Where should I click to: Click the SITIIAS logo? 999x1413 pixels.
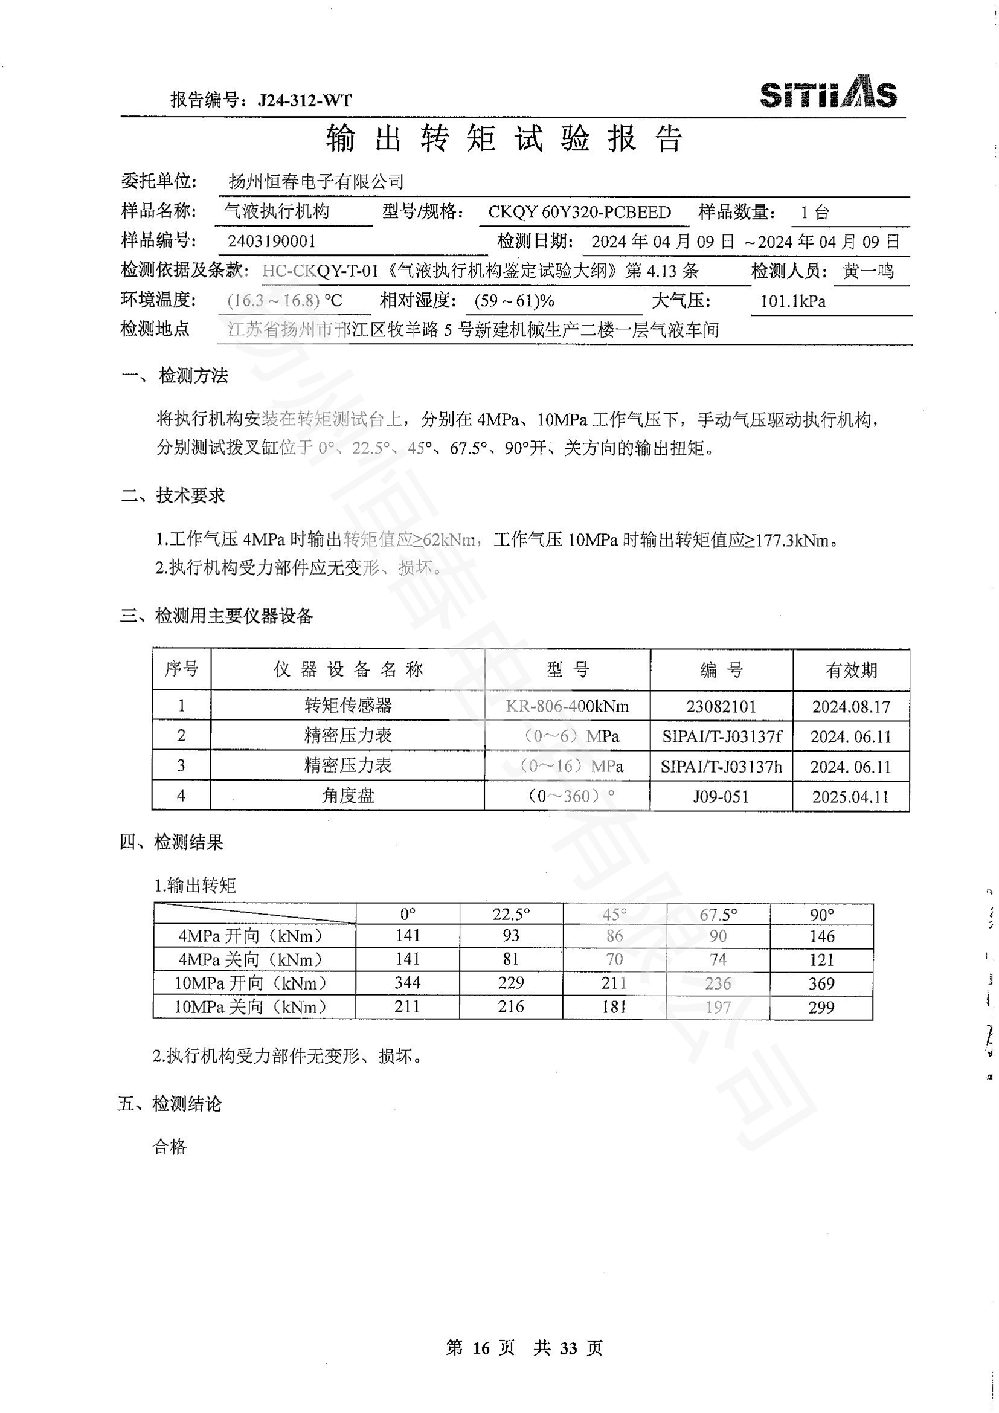[828, 93]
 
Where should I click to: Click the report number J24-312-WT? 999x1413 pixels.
[305, 100]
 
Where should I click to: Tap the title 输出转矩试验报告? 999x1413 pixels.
[504, 138]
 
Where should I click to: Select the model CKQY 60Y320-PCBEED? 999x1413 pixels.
[579, 212]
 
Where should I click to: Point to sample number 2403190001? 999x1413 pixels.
[271, 241]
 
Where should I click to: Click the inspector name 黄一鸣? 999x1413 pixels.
[868, 271]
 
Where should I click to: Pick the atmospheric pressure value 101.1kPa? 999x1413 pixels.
[793, 301]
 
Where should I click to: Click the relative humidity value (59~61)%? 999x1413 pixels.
[514, 301]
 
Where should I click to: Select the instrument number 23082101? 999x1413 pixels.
[721, 707]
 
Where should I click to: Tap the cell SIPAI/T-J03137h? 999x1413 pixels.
[721, 766]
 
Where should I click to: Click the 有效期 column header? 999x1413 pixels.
[851, 670]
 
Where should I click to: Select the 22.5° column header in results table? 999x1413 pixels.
[510, 914]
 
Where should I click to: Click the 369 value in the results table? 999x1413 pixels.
[821, 983]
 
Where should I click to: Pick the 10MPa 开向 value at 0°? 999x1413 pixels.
[407, 983]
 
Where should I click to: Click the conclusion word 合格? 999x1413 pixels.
[169, 1147]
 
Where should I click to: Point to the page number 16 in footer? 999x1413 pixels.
[481, 1348]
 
